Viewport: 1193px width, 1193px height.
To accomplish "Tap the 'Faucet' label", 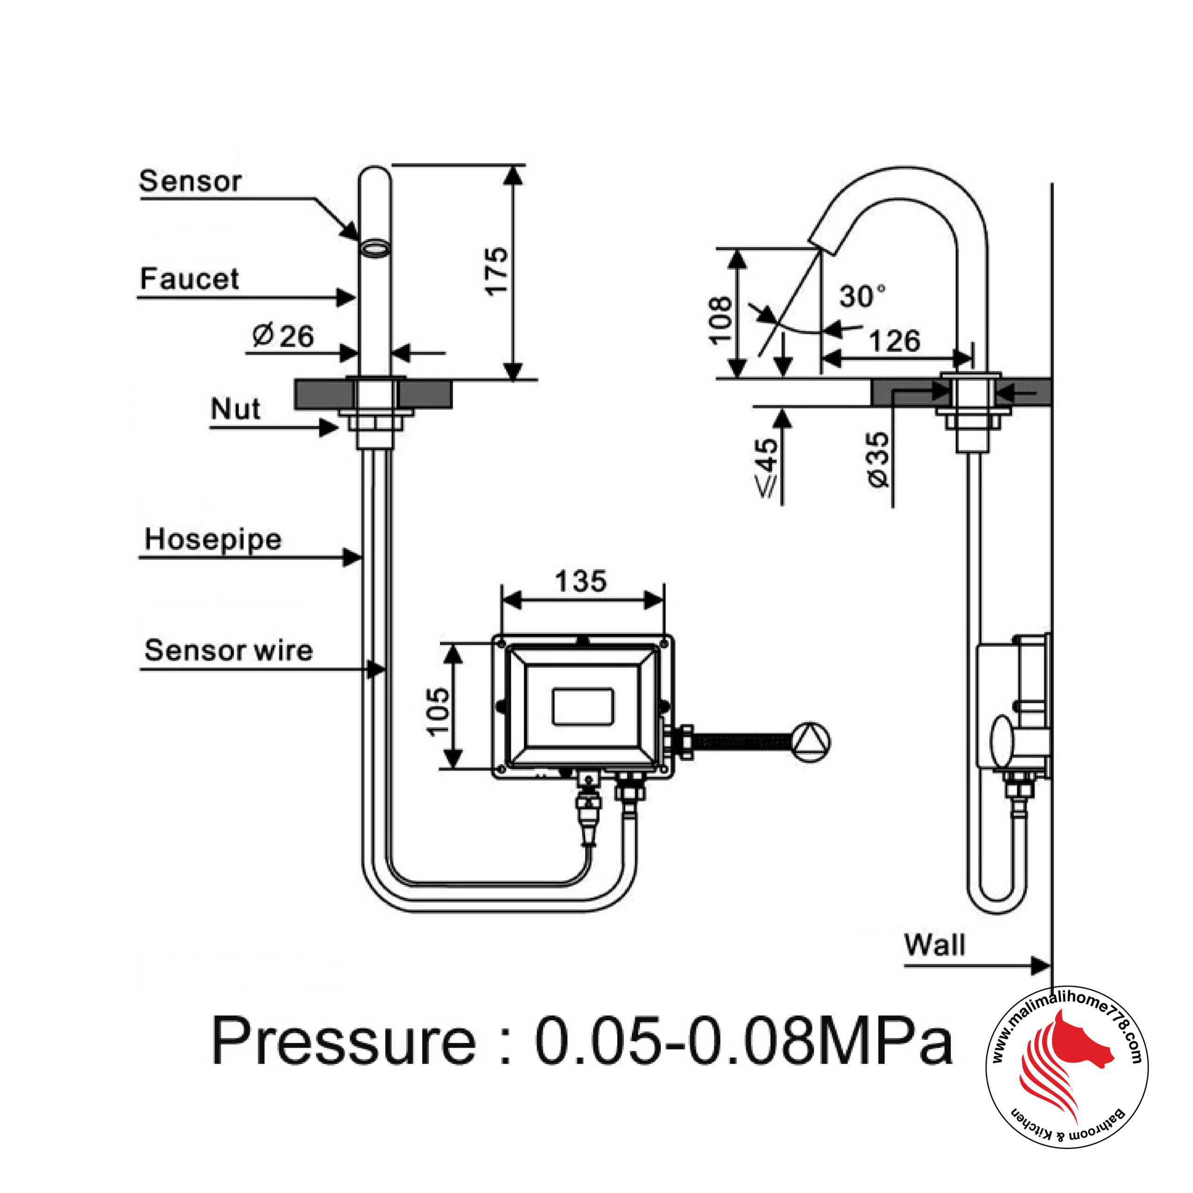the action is [189, 279].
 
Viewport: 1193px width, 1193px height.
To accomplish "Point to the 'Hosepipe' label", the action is [213, 539].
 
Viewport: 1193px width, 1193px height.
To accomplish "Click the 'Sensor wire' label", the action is [228, 650].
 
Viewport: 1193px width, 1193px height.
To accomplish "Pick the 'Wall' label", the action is [934, 945].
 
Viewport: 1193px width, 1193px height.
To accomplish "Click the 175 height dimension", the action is [496, 272].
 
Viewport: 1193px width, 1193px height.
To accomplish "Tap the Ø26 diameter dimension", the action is [283, 336].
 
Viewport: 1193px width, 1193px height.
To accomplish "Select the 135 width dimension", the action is [581, 581].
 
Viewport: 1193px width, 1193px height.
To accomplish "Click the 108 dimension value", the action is [720, 321].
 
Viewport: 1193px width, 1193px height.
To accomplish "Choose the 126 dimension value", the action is [895, 341].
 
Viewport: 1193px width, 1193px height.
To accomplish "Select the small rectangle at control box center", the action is [583, 706].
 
